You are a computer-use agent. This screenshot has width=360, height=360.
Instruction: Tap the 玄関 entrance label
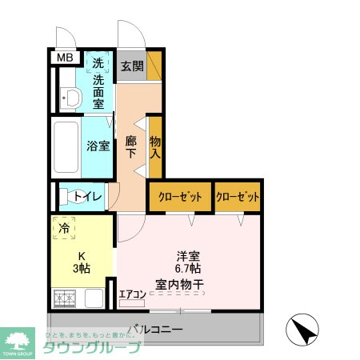pyautogui.click(x=131, y=66)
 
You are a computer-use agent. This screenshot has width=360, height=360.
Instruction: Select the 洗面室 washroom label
pyautogui.click(x=98, y=91)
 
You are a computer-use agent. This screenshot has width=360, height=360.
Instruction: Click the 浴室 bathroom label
pyautogui.click(x=98, y=146)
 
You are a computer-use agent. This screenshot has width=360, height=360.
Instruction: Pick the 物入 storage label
pyautogui.click(x=155, y=146)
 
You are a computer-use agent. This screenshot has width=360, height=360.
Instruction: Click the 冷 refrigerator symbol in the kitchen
pyautogui.click(x=64, y=228)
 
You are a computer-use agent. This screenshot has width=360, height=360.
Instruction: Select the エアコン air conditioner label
pyautogui.click(x=132, y=294)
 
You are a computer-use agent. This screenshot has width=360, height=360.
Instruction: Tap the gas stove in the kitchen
pyautogui.click(x=65, y=300)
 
